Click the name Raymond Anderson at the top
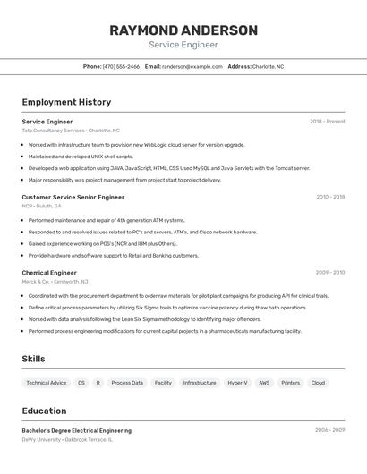click(183, 30)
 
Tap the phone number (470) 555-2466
click(121, 66)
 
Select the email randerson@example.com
click(192, 66)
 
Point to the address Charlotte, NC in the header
click(268, 66)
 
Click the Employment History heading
click(66, 102)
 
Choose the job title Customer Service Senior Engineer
click(73, 197)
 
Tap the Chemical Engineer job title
click(49, 272)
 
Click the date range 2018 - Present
click(327, 122)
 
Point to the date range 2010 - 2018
click(329, 197)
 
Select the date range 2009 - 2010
click(329, 272)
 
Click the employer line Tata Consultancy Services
click(71, 131)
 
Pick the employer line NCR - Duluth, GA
click(42, 206)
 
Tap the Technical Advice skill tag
click(47, 383)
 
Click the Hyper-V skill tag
click(237, 383)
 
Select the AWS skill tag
click(264, 383)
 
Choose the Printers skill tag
click(291, 383)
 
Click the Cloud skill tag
click(318, 383)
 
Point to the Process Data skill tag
click(127, 383)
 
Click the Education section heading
click(44, 411)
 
